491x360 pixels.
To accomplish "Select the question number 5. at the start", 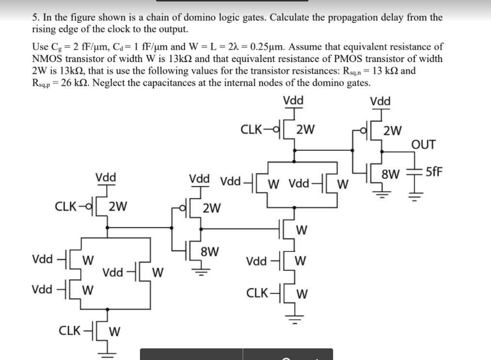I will tap(36, 18).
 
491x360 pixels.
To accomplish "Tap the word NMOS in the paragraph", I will tap(46, 59).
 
